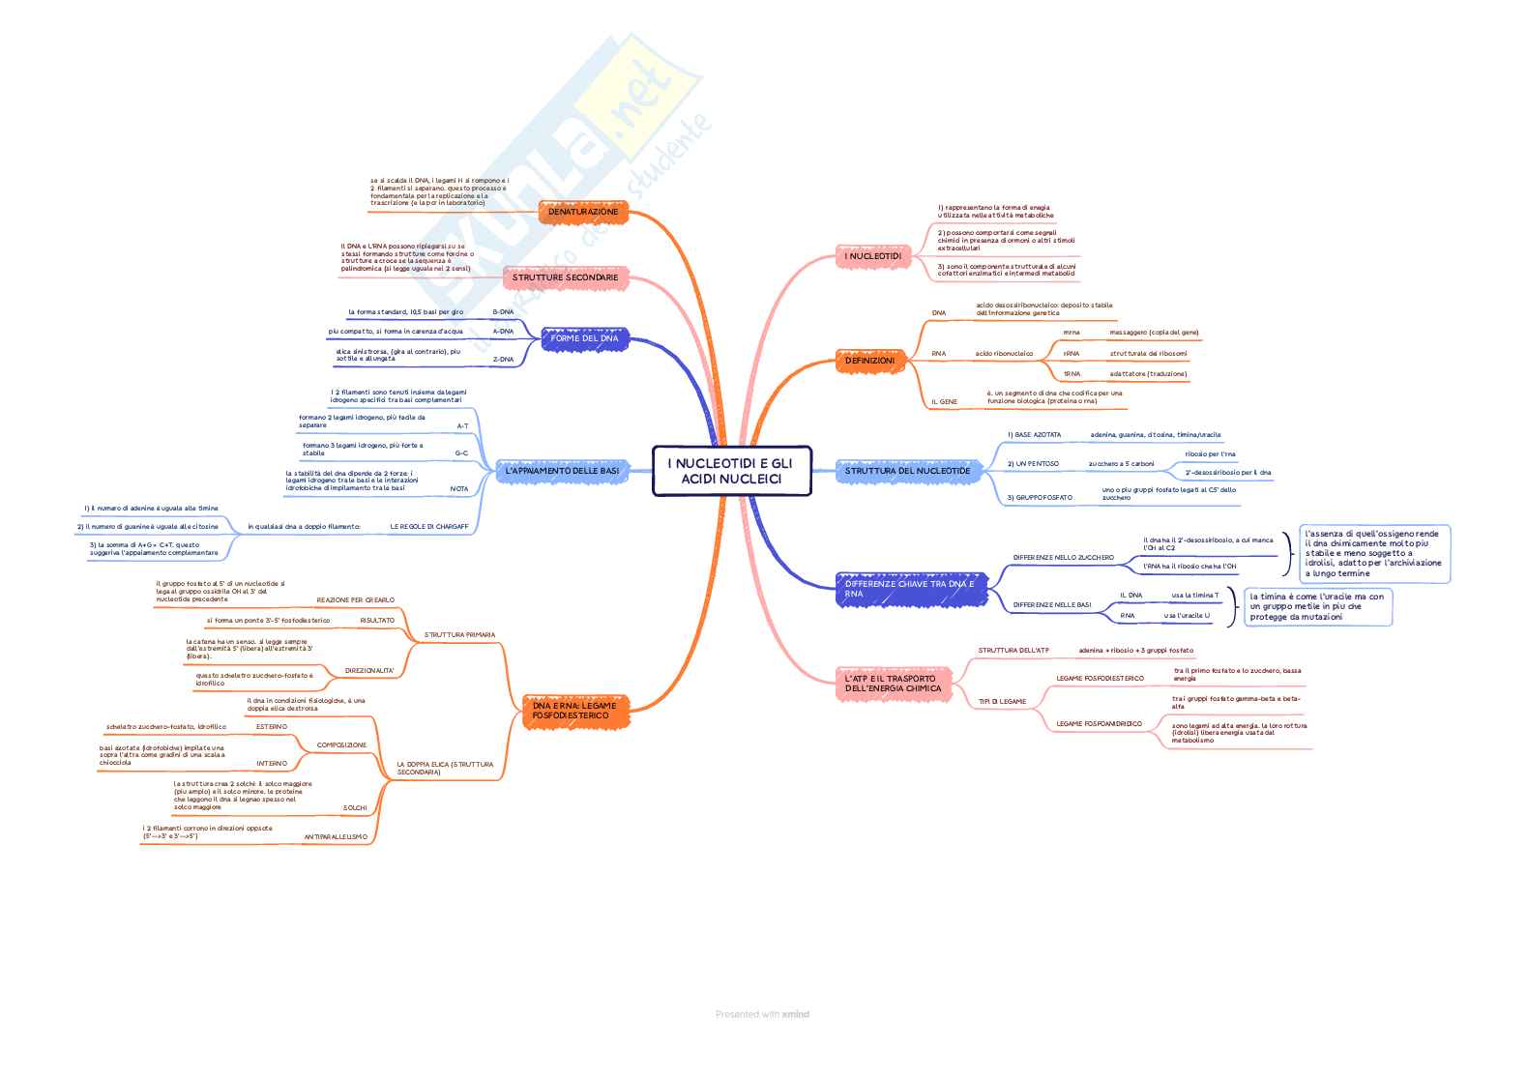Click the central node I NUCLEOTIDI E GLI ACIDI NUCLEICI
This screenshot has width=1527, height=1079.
coord(731,471)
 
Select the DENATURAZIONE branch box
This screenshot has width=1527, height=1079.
coord(583,212)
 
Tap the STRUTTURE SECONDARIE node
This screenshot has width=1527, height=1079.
coord(565,277)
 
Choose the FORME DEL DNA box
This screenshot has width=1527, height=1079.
coord(584,338)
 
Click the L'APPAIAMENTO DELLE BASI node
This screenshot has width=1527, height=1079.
coord(562,471)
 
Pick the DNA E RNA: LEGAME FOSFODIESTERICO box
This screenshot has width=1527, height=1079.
coord(573,711)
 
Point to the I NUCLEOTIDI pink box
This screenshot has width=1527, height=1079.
coord(872,256)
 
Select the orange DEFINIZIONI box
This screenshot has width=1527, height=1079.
coord(869,361)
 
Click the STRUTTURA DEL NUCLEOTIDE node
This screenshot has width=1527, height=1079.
coord(907,471)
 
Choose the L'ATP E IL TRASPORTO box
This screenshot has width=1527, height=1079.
coord(891,684)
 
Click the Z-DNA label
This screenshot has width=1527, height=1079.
coord(503,359)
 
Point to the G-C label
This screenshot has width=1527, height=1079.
coord(461,453)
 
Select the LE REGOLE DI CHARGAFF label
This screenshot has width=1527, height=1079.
coord(428,527)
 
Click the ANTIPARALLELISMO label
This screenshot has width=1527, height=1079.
coord(336,836)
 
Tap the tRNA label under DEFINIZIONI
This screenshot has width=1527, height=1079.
coord(1072,374)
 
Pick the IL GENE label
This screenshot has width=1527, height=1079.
coord(944,401)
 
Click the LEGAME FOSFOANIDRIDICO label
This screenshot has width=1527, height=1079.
coord(1099,724)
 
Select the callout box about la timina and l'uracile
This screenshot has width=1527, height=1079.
coord(1317,607)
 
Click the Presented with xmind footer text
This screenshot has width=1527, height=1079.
coord(762,1014)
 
